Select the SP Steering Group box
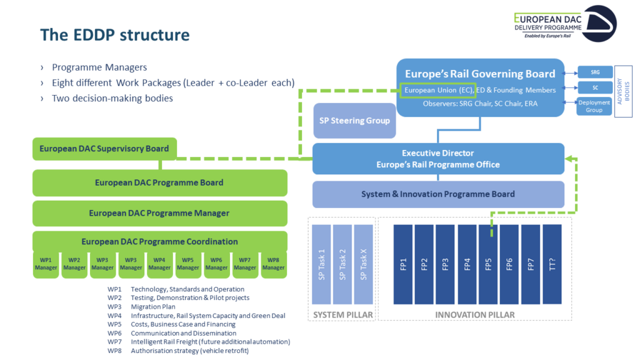pos(354,121)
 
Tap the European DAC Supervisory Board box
pos(104,149)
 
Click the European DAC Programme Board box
pos(159,182)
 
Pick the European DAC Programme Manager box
pos(159,213)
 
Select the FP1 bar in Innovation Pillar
pos(402,264)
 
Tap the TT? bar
pos(552,264)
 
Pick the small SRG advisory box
pos(594,72)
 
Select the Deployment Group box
pos(594,106)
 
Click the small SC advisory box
pos(594,88)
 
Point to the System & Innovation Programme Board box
pos(438,194)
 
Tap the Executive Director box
pos(438,159)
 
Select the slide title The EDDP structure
pos(114,34)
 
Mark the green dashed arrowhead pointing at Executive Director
pos(568,159)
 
